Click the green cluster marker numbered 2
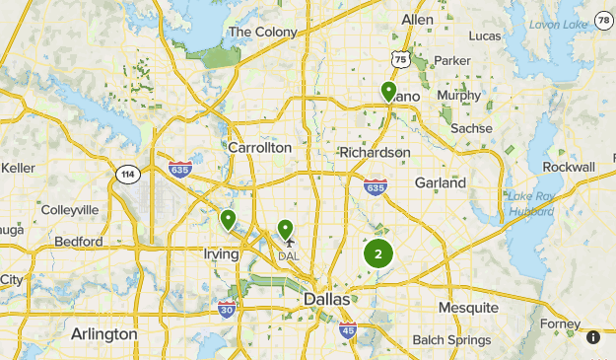tap(378, 253)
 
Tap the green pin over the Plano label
tap(389, 92)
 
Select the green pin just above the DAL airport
tap(286, 230)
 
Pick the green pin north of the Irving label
tap(229, 220)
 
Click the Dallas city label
tap(326, 299)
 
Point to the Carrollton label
tap(260, 147)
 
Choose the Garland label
tap(441, 182)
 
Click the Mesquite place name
tap(468, 308)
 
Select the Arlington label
tap(104, 334)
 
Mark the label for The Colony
tap(262, 32)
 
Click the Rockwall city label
tap(569, 167)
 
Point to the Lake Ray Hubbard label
tap(531, 203)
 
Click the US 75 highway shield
tap(399, 60)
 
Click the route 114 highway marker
tap(126, 175)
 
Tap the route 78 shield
tap(604, 20)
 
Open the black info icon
tap(593, 337)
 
